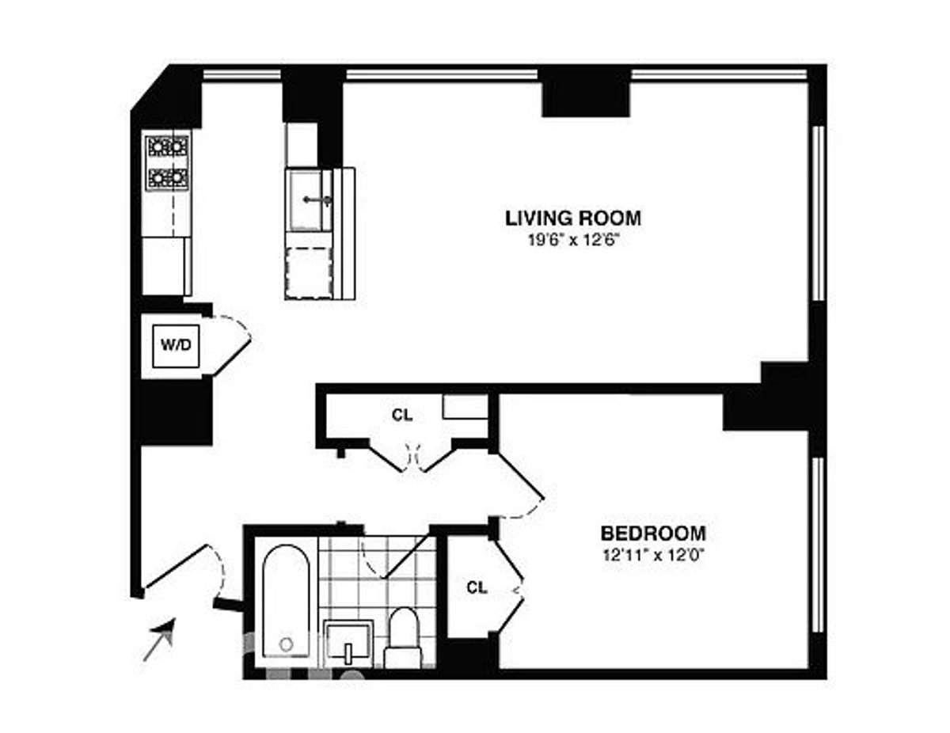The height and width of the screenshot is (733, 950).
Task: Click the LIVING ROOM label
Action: pyautogui.click(x=573, y=218)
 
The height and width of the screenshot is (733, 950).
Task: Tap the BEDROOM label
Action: pyautogui.click(x=654, y=534)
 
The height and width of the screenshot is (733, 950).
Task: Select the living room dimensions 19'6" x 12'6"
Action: pyautogui.click(x=575, y=241)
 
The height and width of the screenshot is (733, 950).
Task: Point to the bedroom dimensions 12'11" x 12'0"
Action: pyautogui.click(x=654, y=555)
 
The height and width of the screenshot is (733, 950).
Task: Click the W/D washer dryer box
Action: pyautogui.click(x=176, y=346)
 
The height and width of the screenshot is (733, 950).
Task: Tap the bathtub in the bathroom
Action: pyautogui.click(x=287, y=601)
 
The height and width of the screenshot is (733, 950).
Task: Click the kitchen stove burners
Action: pyautogui.click(x=169, y=162)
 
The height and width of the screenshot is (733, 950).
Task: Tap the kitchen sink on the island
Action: pyautogui.click(x=309, y=200)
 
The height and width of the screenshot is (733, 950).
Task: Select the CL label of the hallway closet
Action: pyautogui.click(x=402, y=416)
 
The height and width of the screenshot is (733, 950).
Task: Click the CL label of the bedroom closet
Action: pyautogui.click(x=477, y=587)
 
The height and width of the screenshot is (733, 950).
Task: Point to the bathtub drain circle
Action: pyautogui.click(x=286, y=644)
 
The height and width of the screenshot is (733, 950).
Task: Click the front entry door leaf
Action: pyautogui.click(x=176, y=566)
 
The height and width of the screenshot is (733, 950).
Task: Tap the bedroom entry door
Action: pyautogui.click(x=520, y=476)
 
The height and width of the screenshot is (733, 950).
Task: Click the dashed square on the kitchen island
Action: pyautogui.click(x=309, y=273)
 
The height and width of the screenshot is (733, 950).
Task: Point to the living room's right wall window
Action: pyautogui.click(x=818, y=213)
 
